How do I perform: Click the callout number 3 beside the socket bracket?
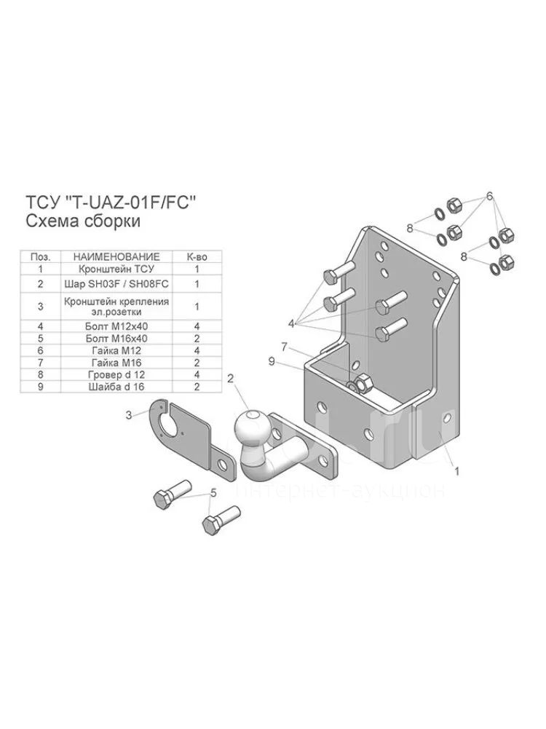(x=129, y=415)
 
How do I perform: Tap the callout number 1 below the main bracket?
(x=456, y=471)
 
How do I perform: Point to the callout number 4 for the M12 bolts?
(x=291, y=324)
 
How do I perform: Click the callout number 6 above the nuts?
(x=489, y=196)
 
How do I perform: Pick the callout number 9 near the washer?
(x=272, y=361)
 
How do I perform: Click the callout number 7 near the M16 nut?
(x=285, y=347)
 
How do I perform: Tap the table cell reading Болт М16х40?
(x=116, y=339)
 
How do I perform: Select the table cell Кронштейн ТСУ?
(x=116, y=269)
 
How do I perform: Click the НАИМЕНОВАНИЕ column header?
(x=116, y=256)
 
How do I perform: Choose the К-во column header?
(x=197, y=256)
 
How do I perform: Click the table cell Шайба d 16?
(x=116, y=387)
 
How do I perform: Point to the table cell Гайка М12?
(x=116, y=350)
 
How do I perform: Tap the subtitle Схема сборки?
(x=82, y=221)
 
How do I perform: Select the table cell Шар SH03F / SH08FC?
(x=116, y=283)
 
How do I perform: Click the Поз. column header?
(x=41, y=256)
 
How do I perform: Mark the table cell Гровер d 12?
(x=116, y=375)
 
